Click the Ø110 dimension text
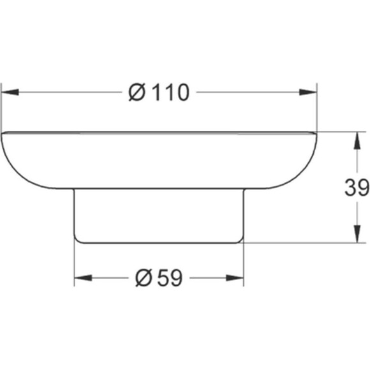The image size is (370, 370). pyautogui.click(x=159, y=93)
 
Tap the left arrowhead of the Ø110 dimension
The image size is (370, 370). pyautogui.click(x=8, y=93)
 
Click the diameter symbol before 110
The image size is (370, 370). pyautogui.click(x=137, y=93)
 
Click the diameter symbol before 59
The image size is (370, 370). pyautogui.click(x=144, y=277)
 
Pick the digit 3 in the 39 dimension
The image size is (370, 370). pyautogui.click(x=351, y=188)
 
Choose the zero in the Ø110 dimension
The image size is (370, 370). pyautogui.click(x=182, y=93)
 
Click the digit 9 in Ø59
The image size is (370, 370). pyautogui.click(x=175, y=277)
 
